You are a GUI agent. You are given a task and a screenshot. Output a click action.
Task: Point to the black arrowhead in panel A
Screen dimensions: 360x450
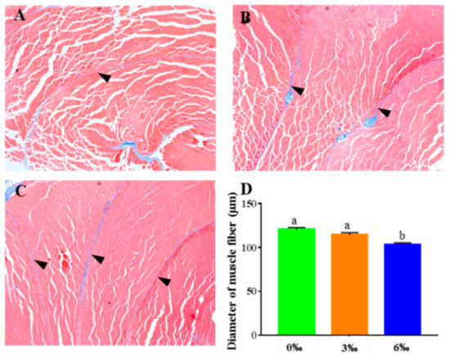pos(104,77)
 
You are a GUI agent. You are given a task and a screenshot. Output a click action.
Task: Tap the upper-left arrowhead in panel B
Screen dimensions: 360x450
pos(297,90)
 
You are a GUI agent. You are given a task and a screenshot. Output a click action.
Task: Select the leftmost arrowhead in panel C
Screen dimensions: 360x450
pos(41,263)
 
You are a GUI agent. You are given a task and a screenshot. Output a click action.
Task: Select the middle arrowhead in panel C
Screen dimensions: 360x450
pos(98,259)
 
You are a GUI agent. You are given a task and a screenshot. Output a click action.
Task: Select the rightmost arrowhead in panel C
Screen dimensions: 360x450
pos(164,281)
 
